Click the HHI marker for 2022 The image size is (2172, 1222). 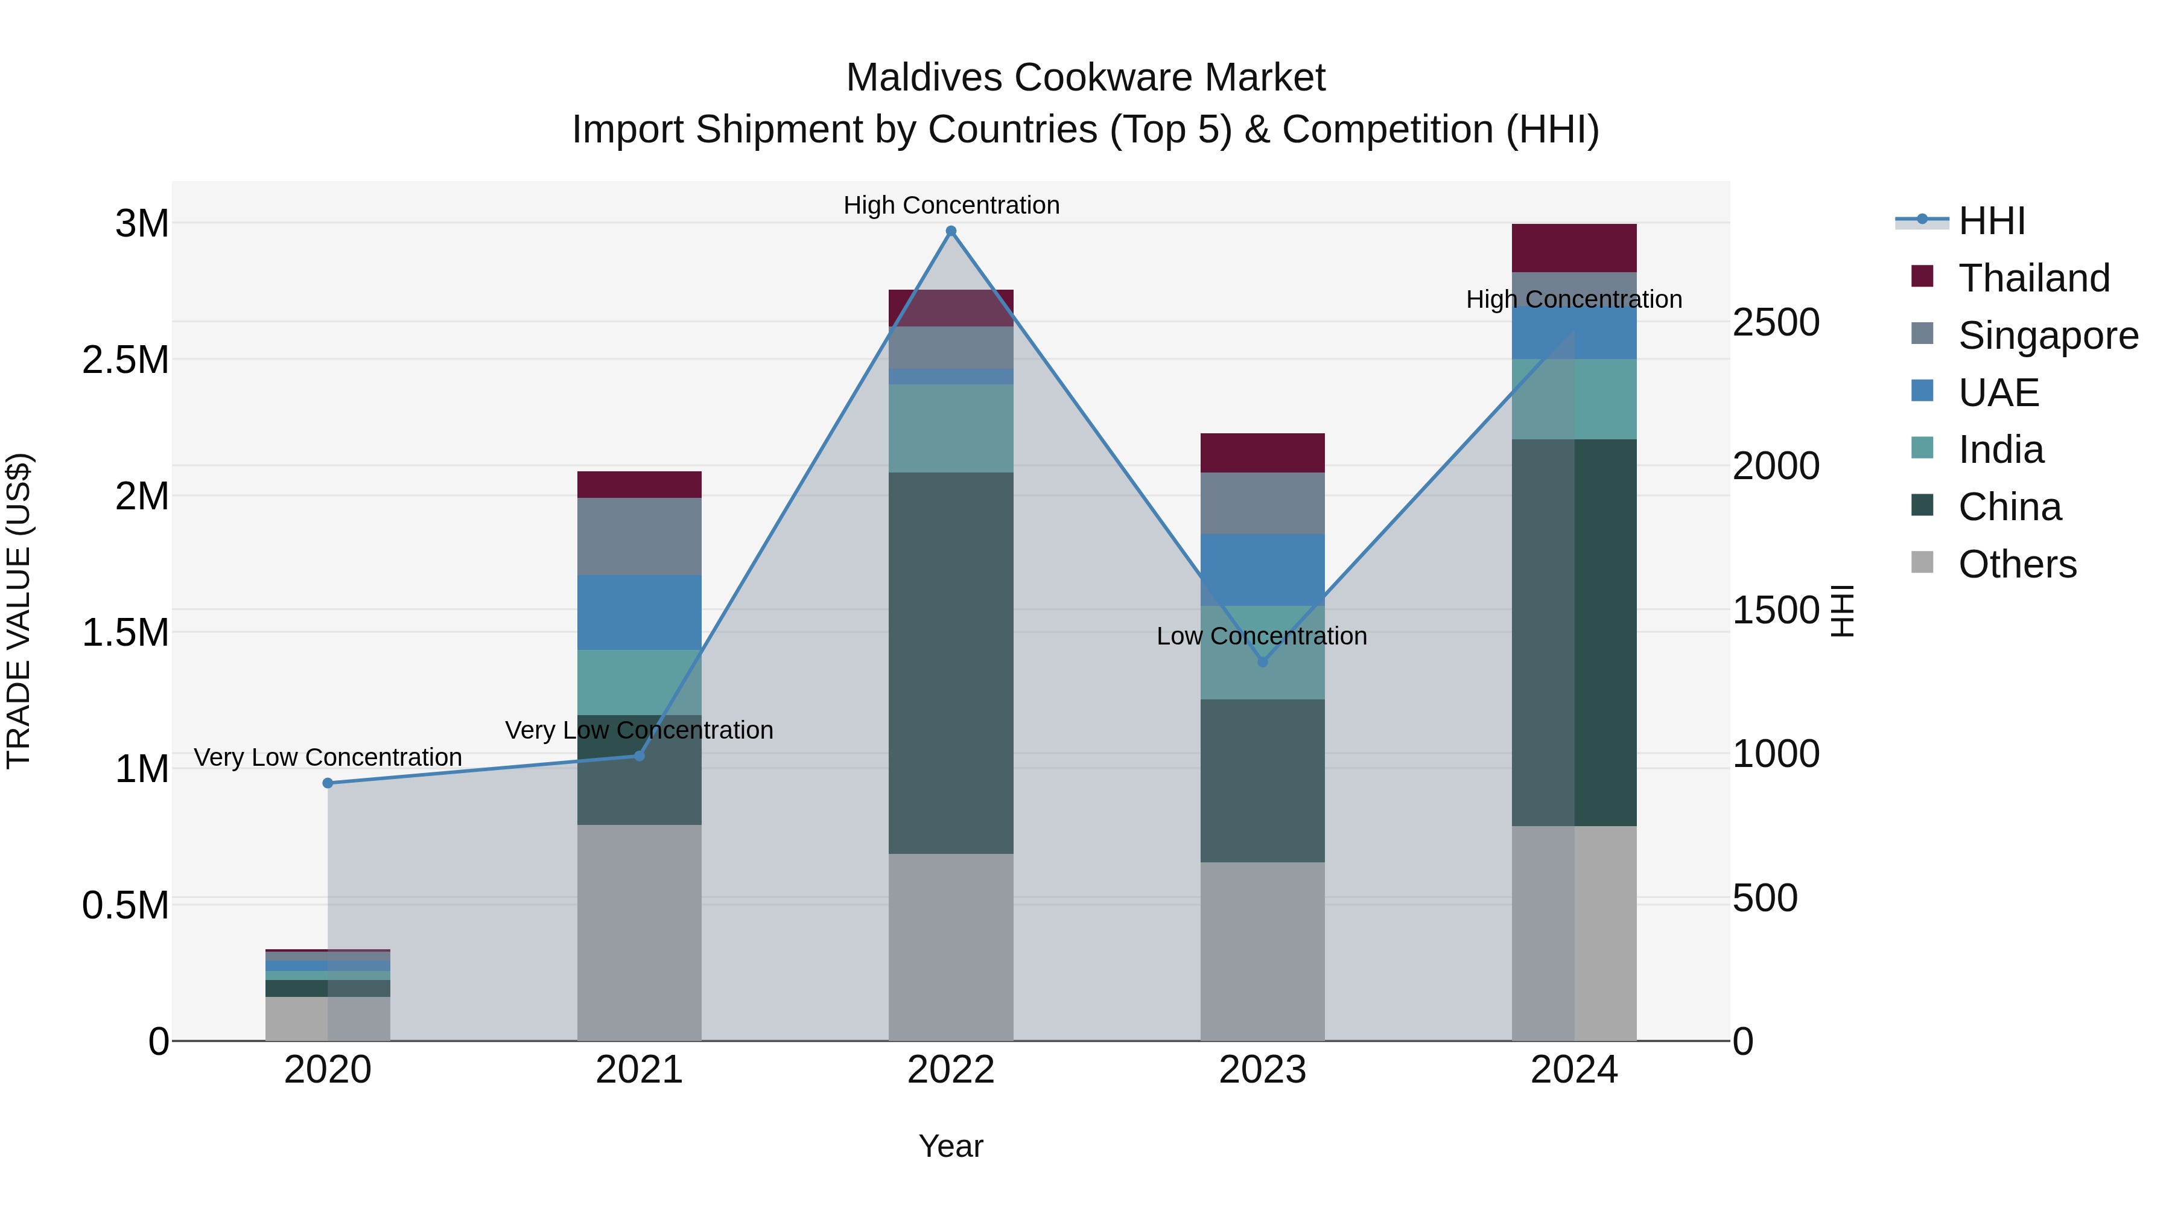pos(951,231)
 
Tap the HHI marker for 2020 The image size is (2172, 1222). pos(328,783)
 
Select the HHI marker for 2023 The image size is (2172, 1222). pos(1262,662)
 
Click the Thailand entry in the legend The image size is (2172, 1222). pos(2034,278)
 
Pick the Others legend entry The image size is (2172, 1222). pos(2017,564)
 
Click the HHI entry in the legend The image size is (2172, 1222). pos(1992,220)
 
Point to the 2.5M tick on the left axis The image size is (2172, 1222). pos(125,360)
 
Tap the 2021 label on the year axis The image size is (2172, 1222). pos(639,1070)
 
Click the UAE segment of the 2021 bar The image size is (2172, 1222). pos(639,613)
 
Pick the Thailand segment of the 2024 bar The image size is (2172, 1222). pos(1573,248)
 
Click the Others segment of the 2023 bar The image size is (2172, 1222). pos(1262,950)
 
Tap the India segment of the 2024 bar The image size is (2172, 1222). pos(1573,399)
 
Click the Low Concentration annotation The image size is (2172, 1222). pos(1262,636)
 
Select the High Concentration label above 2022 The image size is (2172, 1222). pos(951,205)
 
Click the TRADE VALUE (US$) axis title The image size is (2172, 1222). pos(19,611)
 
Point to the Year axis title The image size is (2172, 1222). pos(950,1146)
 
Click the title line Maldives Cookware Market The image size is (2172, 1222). pos(1085,78)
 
